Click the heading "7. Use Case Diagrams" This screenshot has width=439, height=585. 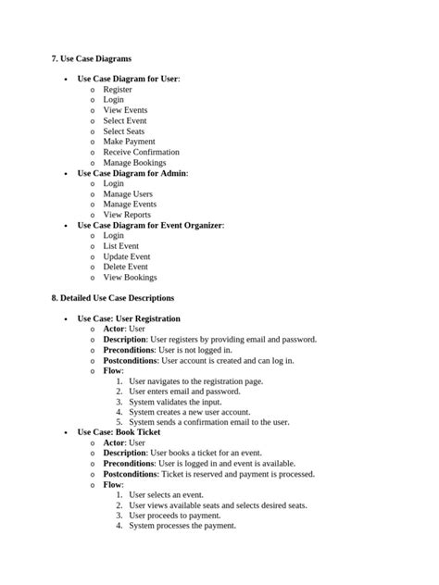(91, 58)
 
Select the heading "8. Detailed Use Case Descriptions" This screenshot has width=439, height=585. (112, 298)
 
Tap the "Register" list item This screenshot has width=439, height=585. (117, 90)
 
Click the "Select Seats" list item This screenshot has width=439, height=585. (123, 131)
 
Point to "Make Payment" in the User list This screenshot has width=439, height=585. (129, 142)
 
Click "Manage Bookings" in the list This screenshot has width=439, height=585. (134, 163)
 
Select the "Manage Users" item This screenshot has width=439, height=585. (128, 194)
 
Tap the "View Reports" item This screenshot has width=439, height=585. (126, 215)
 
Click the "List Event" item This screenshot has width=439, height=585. (120, 246)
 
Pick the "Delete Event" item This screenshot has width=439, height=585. (125, 267)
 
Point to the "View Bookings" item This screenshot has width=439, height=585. (130, 277)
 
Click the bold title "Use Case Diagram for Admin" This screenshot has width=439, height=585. (132, 173)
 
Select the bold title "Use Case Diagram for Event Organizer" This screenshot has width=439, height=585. (150, 225)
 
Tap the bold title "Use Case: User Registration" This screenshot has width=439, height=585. (129, 318)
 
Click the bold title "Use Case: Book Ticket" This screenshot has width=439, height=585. (119, 432)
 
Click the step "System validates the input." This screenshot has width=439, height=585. (182, 402)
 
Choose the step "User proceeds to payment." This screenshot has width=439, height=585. (174, 516)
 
